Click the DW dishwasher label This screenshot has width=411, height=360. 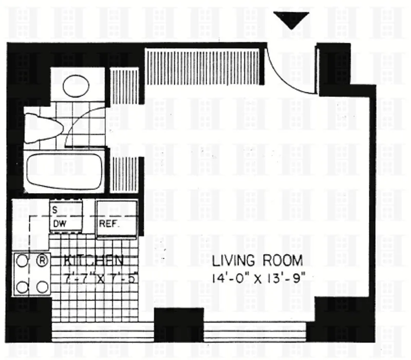tap(58, 224)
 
